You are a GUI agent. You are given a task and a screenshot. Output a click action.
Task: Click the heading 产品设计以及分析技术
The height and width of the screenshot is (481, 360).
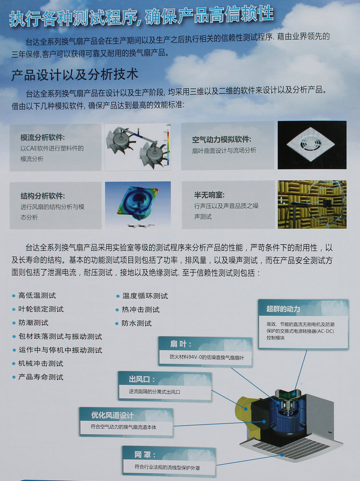[75, 75]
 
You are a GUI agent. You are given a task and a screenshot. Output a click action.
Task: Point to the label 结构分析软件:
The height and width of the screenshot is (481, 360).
[43, 196]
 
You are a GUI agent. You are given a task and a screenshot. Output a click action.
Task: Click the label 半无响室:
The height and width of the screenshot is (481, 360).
[209, 195]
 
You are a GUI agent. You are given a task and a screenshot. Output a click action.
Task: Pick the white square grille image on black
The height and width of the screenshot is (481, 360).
[312, 145]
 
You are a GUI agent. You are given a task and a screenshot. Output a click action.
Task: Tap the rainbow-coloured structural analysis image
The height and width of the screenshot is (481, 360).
[137, 204]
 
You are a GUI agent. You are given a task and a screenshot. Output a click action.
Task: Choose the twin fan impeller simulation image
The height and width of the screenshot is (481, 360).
[137, 147]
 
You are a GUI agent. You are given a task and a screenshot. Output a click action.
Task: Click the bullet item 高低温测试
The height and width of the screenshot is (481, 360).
[37, 295]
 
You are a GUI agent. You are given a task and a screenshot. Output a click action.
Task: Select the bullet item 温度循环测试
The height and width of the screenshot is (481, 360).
[144, 295]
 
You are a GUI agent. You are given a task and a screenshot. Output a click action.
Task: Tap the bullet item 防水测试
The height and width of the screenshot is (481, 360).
[136, 323]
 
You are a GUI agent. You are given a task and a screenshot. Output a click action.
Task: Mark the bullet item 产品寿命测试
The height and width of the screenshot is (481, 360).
[41, 377]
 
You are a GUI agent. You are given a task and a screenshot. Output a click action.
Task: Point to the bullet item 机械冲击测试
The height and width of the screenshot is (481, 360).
[41, 364]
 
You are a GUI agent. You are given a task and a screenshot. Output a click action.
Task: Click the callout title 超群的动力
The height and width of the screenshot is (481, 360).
[283, 308]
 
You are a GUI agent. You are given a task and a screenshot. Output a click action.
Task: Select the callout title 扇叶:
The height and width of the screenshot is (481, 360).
[180, 344]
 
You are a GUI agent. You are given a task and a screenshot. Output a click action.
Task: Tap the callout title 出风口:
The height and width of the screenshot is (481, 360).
[142, 379]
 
